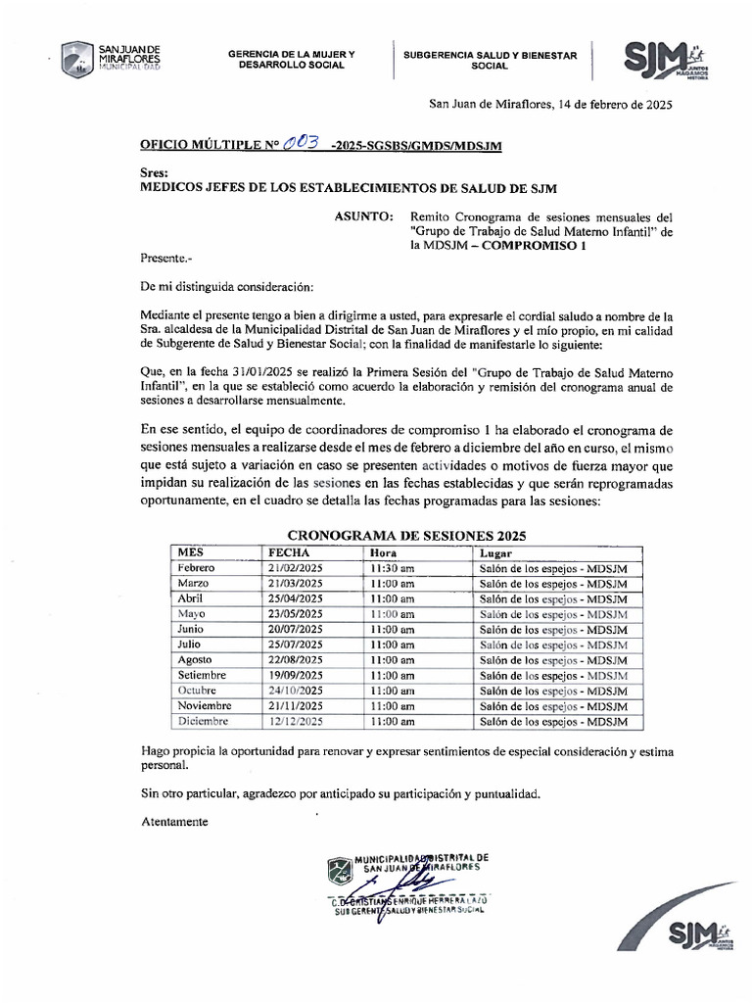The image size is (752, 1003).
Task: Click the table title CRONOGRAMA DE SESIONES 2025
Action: pyautogui.click(x=406, y=535)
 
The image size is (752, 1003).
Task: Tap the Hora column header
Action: pyautogui.click(x=384, y=552)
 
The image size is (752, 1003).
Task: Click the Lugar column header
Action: pyautogui.click(x=494, y=552)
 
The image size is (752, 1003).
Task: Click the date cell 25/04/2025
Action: pyautogui.click(x=296, y=598)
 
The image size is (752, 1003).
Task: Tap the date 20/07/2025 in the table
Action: pyautogui.click(x=296, y=629)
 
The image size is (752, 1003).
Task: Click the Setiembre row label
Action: pyautogui.click(x=202, y=675)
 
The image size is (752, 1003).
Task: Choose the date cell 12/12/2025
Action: pyautogui.click(x=296, y=721)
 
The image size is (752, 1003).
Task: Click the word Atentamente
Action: pyautogui.click(x=175, y=822)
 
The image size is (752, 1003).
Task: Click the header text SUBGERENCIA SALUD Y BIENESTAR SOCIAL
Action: pyautogui.click(x=491, y=60)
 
